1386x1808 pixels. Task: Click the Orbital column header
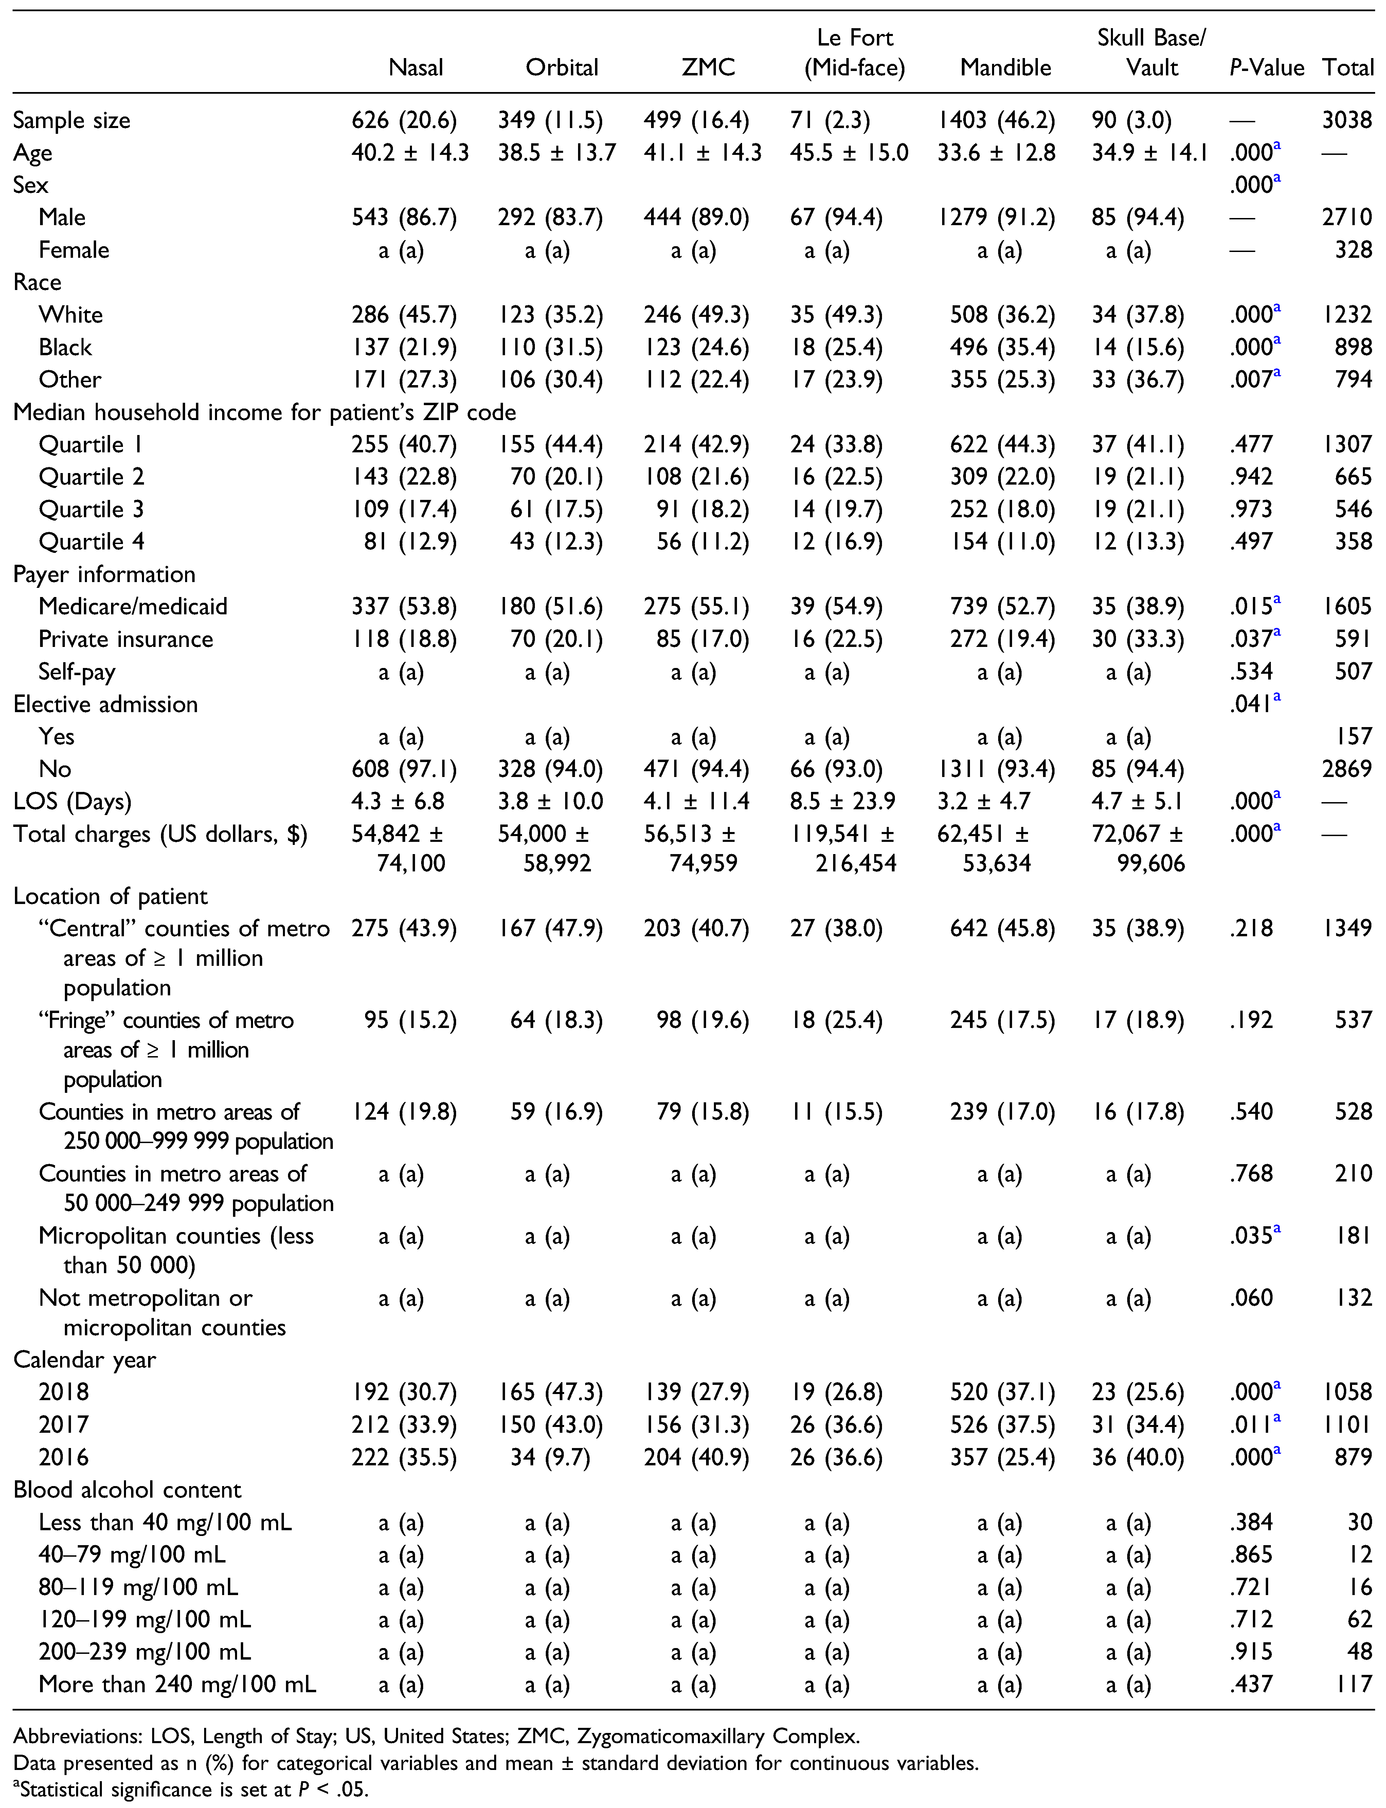(562, 68)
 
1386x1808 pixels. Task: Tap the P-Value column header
(1266, 68)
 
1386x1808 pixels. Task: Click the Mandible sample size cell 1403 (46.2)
(996, 121)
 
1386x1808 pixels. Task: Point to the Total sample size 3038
(1347, 121)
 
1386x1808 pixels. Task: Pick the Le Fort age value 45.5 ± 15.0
(849, 152)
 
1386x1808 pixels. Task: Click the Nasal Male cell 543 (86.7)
(404, 218)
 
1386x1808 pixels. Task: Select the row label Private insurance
(125, 639)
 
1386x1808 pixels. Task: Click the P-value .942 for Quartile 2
(1252, 477)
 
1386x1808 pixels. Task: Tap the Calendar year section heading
(84, 1360)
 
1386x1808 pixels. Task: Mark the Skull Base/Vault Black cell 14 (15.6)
(1138, 347)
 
